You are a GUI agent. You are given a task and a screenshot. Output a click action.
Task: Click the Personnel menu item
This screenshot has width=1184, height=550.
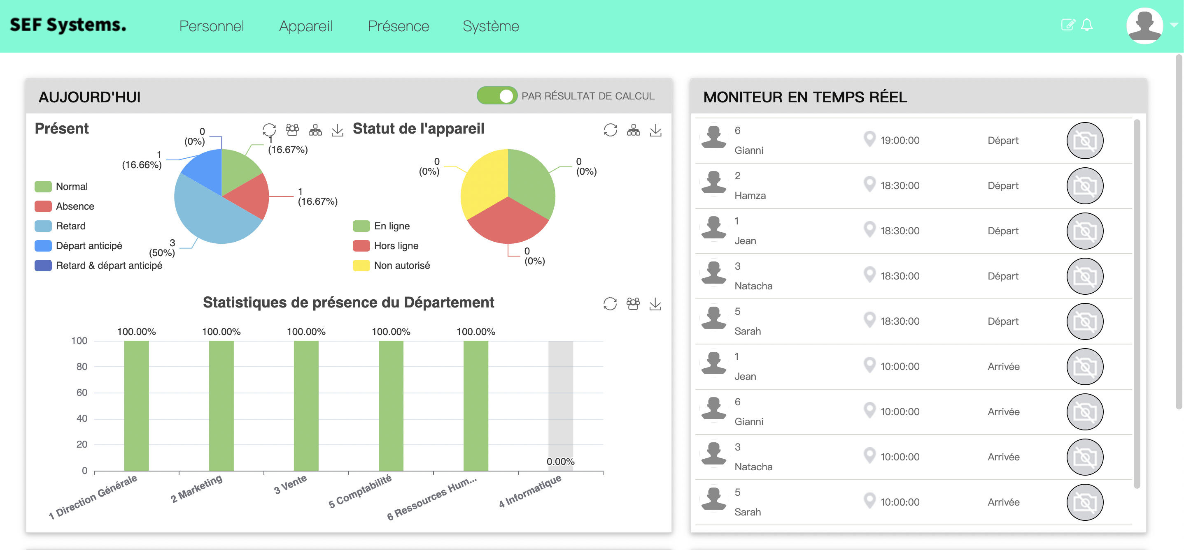(212, 26)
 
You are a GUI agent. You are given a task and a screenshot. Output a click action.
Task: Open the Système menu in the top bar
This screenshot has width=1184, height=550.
(490, 26)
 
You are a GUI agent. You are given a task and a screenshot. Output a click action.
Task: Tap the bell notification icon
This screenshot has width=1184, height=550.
(1086, 25)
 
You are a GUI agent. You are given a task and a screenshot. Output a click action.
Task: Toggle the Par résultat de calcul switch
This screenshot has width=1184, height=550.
(497, 95)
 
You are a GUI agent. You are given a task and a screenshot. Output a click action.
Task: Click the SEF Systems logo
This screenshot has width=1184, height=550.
(68, 25)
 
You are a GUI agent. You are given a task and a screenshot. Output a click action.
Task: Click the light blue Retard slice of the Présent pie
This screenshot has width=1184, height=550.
(207, 216)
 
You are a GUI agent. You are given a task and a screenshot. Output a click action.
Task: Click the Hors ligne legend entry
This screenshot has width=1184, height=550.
(395, 246)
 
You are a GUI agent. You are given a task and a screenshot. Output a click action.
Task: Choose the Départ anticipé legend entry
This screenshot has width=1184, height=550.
(88, 246)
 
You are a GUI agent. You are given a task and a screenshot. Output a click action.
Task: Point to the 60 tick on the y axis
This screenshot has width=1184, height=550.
(82, 393)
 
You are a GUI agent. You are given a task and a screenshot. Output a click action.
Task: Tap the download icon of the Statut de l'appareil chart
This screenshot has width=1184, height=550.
(655, 130)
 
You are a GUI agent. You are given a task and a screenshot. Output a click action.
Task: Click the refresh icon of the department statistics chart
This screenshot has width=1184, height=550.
(610, 304)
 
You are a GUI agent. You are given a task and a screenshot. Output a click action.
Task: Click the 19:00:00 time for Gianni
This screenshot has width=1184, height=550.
(900, 141)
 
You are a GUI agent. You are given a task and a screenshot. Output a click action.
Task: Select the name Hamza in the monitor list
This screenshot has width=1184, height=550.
(750, 196)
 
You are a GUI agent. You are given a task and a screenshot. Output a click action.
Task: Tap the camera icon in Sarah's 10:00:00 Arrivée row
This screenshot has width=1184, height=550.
(1084, 502)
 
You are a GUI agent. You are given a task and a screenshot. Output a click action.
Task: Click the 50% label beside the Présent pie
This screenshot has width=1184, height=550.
(162, 252)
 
